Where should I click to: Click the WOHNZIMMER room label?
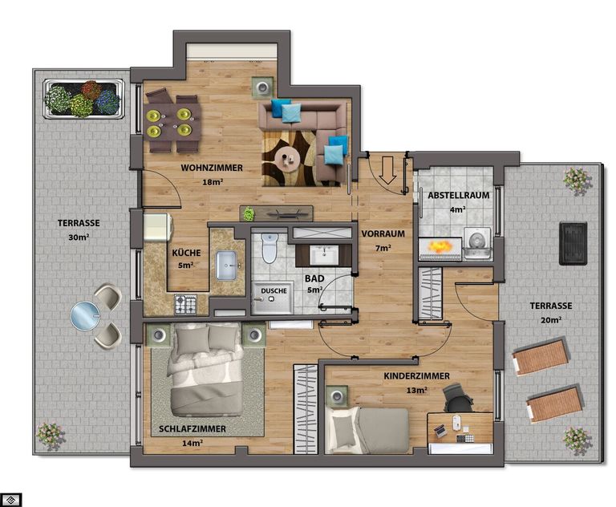212,168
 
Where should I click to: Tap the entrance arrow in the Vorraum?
388,170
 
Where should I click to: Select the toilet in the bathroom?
269,248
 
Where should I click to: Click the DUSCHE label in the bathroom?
274,291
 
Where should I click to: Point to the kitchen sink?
227,266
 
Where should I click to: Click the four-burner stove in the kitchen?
185,305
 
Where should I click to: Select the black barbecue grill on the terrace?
573,244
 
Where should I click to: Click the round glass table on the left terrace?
85,316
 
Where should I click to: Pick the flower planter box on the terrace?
83,99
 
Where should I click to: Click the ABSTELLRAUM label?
459,195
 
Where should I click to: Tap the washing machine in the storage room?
477,243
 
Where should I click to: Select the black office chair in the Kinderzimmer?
457,399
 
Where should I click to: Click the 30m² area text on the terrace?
78,237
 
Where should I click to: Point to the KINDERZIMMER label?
417,376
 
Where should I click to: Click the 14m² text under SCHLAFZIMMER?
192,444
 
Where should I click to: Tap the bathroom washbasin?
324,255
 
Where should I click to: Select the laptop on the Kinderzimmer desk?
440,431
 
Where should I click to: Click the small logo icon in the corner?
11,500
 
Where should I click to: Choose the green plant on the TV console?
249,214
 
